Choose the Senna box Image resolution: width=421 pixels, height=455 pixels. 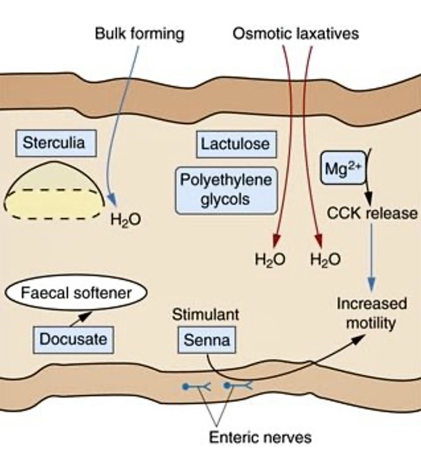(x=207, y=340)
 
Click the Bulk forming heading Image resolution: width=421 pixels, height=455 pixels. (x=139, y=33)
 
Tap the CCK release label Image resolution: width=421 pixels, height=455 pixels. (x=372, y=213)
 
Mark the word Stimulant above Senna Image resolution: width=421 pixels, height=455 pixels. (x=206, y=314)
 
